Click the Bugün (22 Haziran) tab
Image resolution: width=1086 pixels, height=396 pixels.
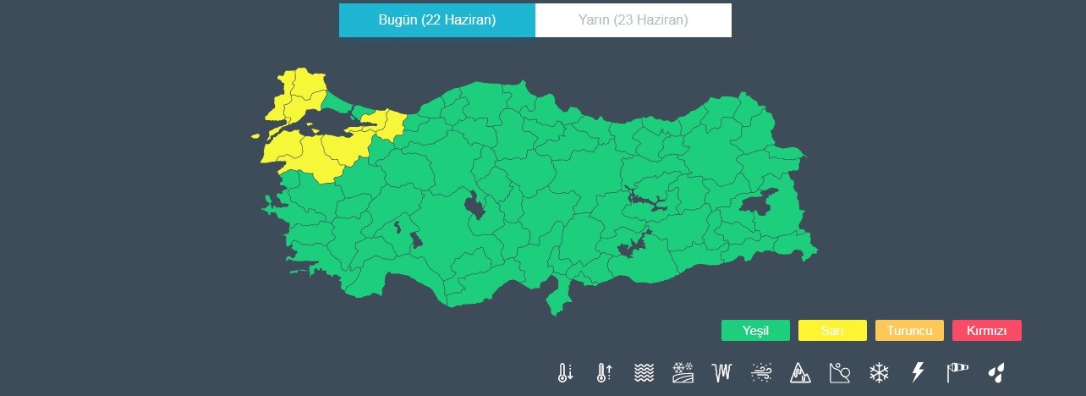point(436,20)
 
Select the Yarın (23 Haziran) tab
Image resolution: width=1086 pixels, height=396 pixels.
point(633,20)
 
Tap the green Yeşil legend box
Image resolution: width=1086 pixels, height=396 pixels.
point(755,331)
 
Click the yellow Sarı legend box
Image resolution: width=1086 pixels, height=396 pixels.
point(832,331)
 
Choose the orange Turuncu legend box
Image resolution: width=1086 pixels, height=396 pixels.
point(909,331)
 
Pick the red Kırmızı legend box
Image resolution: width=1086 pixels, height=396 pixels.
point(986,331)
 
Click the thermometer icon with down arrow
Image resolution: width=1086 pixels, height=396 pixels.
point(566,372)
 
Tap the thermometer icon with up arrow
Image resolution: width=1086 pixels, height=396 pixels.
point(604,372)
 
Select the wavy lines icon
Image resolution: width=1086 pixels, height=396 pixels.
point(644,372)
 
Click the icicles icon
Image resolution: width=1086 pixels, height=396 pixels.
point(721,372)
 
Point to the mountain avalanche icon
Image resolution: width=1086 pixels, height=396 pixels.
point(800,372)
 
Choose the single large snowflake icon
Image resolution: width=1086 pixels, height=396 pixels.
point(879,372)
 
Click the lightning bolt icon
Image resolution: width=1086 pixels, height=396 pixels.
point(917,372)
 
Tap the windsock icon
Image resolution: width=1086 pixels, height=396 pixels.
point(956,372)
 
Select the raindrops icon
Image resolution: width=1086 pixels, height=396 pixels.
point(996,372)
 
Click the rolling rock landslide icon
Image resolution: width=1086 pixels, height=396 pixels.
point(840,372)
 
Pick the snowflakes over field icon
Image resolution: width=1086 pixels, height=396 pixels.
point(683,372)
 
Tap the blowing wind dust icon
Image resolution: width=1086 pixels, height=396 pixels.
point(761,372)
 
